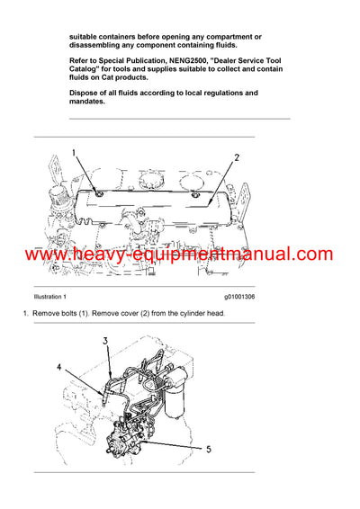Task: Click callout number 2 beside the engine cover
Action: tap(237, 157)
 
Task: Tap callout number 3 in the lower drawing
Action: tap(105, 341)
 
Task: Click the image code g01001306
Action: tap(239, 296)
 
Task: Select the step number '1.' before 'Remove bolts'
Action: tap(27, 312)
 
